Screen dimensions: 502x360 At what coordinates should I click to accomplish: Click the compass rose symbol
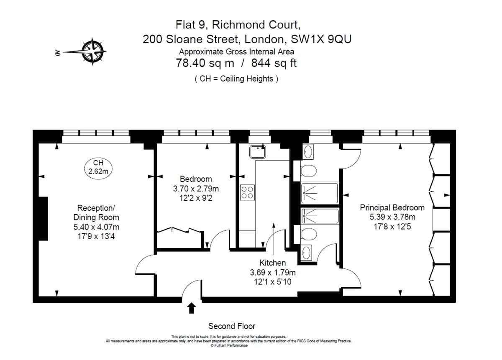point(92,52)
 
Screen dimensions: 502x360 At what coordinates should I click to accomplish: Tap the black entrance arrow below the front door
point(192,308)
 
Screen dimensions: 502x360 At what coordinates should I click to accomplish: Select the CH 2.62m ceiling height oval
point(98,168)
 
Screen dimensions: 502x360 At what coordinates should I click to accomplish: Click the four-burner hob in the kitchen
point(247,192)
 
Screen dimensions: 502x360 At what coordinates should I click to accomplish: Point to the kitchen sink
point(258,152)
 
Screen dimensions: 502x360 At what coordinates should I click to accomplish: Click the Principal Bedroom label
point(392,208)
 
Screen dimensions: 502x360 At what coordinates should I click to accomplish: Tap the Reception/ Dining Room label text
point(96,212)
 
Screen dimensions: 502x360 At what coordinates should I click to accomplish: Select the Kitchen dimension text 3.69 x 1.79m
point(273,273)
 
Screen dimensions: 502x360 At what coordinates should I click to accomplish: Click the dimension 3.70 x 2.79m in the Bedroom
point(196,189)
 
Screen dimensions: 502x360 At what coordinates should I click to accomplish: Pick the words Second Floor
point(232,326)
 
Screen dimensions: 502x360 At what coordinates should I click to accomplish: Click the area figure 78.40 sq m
point(205,63)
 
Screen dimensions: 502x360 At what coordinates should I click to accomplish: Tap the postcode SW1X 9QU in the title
point(321,39)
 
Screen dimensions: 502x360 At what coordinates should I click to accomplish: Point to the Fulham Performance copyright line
point(229,345)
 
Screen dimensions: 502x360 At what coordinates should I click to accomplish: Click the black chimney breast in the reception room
point(43,219)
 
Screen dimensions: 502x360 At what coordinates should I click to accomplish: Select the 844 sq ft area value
point(274,63)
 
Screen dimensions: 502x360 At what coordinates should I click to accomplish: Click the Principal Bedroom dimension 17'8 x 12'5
point(392,227)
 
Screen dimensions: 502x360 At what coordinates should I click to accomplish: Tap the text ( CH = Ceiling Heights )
point(236,79)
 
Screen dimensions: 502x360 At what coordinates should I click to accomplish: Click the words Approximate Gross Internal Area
point(236,52)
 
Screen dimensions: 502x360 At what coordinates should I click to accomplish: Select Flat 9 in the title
point(190,25)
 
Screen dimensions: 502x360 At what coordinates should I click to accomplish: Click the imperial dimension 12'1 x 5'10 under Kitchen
point(272,281)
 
